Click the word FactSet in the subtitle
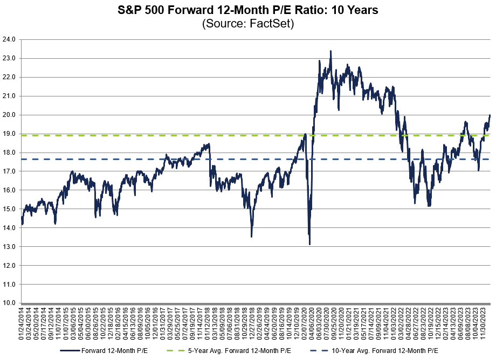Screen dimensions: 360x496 click(273, 24)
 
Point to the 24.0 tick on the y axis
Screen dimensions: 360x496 click(10, 39)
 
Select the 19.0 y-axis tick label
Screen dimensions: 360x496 click(10, 134)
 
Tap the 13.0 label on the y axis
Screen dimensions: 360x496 click(10, 247)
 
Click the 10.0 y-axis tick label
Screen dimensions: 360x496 click(10, 303)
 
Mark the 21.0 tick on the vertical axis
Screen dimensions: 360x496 click(10, 96)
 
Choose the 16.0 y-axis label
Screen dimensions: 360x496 click(10, 190)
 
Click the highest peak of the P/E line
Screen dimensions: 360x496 click(330, 51)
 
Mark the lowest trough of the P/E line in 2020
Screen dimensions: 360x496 click(309, 244)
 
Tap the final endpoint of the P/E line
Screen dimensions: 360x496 click(490, 115)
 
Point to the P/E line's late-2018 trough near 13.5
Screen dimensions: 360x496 click(251, 236)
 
